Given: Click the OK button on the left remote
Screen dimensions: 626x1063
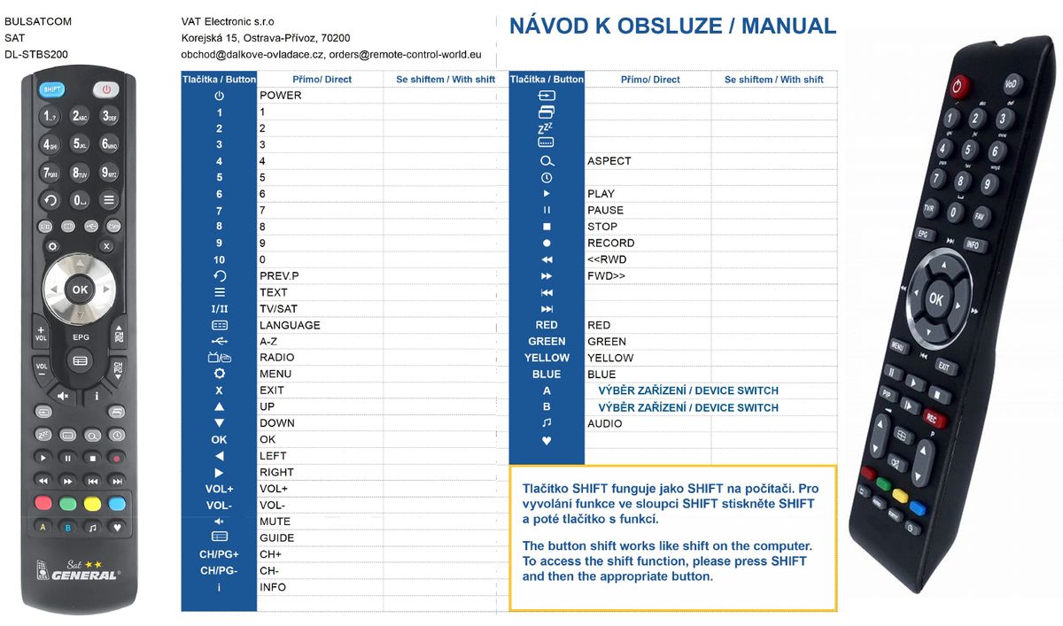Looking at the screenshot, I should click(80, 290).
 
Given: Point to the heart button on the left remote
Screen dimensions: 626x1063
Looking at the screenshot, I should click(117, 527).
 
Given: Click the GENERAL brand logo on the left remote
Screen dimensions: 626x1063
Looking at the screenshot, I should click(83, 575).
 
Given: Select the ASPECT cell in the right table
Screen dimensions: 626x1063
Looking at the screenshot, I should click(609, 161).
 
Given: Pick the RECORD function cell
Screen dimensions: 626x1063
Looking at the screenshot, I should click(611, 243).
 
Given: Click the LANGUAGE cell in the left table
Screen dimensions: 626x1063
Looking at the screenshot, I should click(290, 325).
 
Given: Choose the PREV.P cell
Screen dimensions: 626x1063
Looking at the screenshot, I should click(279, 276).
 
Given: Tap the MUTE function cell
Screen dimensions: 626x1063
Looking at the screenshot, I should click(275, 522).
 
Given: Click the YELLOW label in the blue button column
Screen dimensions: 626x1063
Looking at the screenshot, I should click(547, 358).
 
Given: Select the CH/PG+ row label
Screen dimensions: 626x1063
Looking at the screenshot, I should click(219, 554).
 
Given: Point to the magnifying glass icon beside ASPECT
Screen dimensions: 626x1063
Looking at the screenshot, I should click(547, 161).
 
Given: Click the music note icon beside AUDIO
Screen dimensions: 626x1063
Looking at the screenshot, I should click(547, 423).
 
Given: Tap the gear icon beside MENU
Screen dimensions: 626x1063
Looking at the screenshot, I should click(219, 374).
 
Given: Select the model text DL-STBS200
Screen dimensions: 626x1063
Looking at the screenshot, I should click(36, 54).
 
